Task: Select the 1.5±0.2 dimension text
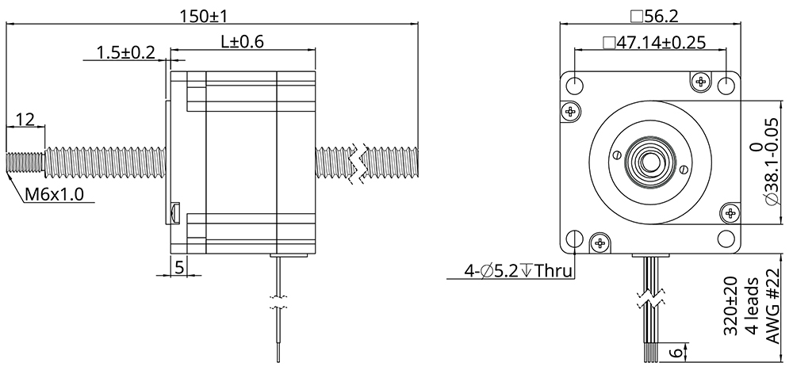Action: tap(125, 52)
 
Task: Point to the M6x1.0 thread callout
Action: tap(54, 194)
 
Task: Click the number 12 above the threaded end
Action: tap(25, 119)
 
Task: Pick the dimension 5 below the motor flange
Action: tap(179, 267)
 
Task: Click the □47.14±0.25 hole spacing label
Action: tap(653, 43)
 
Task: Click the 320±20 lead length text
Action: tap(730, 307)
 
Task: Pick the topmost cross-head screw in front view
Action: tap(700, 81)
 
